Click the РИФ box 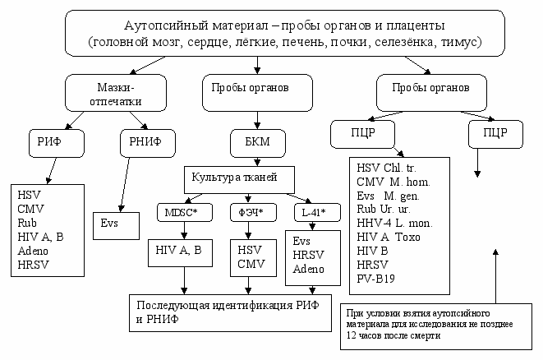57,143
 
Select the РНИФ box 148,143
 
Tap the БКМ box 258,143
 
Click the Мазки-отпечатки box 116,93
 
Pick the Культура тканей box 239,180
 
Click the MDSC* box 185,212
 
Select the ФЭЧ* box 253,212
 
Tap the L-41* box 317,212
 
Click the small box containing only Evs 116,226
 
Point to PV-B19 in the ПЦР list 375,279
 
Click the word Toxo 407,238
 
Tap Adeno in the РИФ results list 33,251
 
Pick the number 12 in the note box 351,335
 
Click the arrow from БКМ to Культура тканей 258,162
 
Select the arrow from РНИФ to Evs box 125,185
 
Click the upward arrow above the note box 495,276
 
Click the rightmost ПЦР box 495,135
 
